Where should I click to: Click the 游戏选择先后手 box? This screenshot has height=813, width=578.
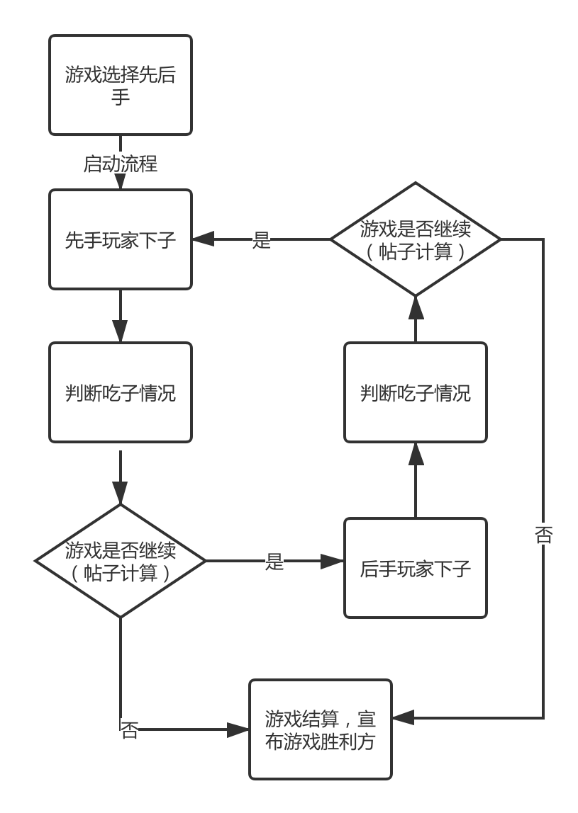tap(121, 85)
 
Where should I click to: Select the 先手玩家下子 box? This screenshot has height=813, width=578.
tap(121, 239)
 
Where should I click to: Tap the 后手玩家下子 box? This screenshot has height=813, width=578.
tap(416, 568)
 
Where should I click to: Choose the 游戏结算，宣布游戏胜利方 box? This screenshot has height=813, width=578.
tap(321, 729)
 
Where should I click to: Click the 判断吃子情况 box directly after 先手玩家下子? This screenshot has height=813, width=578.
tap(121, 393)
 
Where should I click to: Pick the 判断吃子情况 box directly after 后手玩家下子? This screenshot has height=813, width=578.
tap(416, 393)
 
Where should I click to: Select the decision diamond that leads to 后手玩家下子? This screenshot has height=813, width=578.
tap(121, 561)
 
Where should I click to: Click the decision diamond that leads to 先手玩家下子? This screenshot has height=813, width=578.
tap(416, 239)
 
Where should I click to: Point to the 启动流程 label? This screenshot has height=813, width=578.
tap(121, 164)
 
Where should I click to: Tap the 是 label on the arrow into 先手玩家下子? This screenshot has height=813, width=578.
tap(262, 240)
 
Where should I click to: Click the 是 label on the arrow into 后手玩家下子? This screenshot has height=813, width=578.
tap(274, 562)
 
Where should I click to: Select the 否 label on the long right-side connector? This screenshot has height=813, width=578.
tap(543, 534)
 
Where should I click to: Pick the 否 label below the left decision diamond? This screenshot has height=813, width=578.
tap(129, 730)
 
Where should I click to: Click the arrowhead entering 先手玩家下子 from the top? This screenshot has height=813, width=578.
tap(121, 181)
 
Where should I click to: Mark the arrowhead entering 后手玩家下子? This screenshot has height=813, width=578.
tap(333, 561)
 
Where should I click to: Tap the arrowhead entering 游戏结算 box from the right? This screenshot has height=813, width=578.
tap(402, 718)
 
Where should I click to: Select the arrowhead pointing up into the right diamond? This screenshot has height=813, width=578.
tap(416, 306)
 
